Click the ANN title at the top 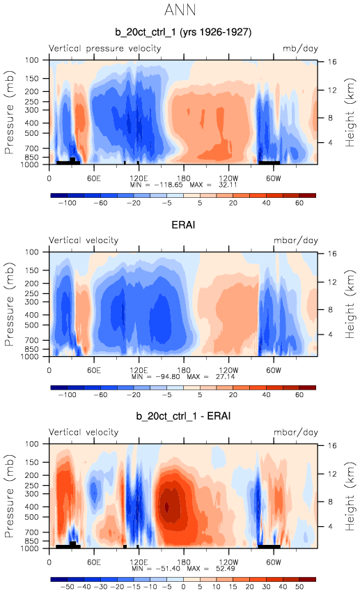[x=180, y=10]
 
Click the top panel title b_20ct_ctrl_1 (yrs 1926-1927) [x=183, y=32]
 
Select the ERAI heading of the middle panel [x=183, y=224]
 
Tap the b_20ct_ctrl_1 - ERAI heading [x=183, y=416]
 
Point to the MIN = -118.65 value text [x=157, y=185]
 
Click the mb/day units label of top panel [x=300, y=48]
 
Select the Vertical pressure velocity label [x=104, y=48]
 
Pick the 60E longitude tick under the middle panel [x=94, y=370]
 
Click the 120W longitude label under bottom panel [x=228, y=562]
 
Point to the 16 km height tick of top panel [x=331, y=61]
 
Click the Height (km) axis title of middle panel [x=350, y=305]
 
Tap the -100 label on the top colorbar [x=68, y=203]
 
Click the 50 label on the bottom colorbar [x=299, y=587]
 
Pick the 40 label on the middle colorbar [x=266, y=395]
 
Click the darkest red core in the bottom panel [x=166, y=507]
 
